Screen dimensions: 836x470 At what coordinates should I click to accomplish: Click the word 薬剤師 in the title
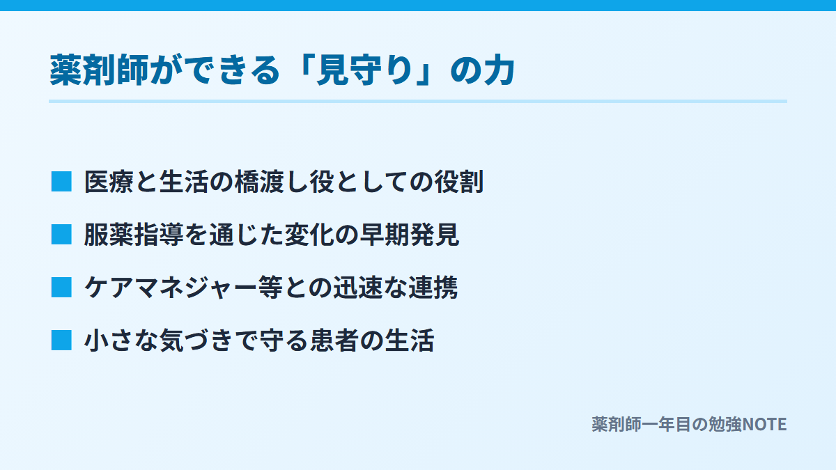pos(99,70)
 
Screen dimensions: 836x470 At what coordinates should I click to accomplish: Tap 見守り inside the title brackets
pos(364,70)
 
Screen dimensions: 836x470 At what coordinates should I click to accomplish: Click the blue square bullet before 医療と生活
pos(61,182)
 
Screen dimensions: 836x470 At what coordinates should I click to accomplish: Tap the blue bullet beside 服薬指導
pos(61,235)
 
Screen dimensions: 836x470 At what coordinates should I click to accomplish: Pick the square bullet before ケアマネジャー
pos(61,287)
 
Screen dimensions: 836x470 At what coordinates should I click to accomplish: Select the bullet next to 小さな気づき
pos(61,340)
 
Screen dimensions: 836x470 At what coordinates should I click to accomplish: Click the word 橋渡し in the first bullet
pos(272,182)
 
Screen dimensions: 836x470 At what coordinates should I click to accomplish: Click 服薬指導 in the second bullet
pos(134,235)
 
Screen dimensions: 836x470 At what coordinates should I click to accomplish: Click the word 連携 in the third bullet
pos(433,288)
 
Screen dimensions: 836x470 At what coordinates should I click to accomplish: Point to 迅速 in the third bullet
pos(358,288)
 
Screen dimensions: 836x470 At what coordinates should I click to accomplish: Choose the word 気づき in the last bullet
pos(197,340)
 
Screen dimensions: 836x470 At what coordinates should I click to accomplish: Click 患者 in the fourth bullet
pos(334,340)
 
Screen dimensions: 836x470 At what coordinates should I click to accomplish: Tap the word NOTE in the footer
pos(764,425)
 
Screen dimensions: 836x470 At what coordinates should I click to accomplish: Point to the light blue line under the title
pos(418,101)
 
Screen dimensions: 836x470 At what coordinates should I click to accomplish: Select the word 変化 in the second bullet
pos(309,235)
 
